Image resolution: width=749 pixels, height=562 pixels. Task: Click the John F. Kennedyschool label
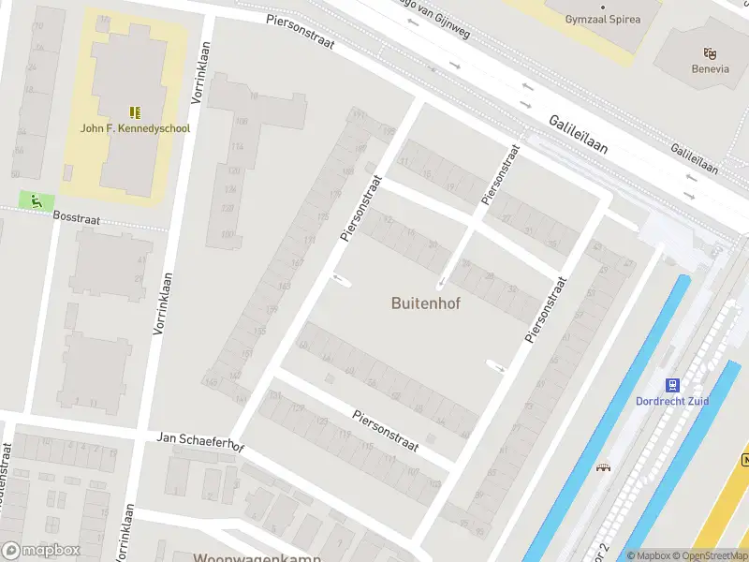pos(136,128)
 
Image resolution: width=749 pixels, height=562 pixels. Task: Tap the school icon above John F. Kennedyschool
pos(136,111)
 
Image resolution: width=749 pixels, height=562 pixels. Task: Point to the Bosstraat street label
pos(76,215)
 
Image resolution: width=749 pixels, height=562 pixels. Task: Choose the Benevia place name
pos(710,69)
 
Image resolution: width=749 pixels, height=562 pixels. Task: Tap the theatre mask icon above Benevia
pos(710,53)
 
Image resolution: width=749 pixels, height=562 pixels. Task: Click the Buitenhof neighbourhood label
pos(425,303)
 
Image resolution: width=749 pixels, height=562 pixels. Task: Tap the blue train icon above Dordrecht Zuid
pos(672,385)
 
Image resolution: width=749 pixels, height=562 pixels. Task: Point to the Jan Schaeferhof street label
pos(200,440)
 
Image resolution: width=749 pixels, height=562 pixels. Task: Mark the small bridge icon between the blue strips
pos(603,467)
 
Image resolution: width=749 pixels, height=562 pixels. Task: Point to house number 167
pos(299,263)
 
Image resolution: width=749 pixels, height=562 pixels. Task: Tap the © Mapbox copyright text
pos(650,555)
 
